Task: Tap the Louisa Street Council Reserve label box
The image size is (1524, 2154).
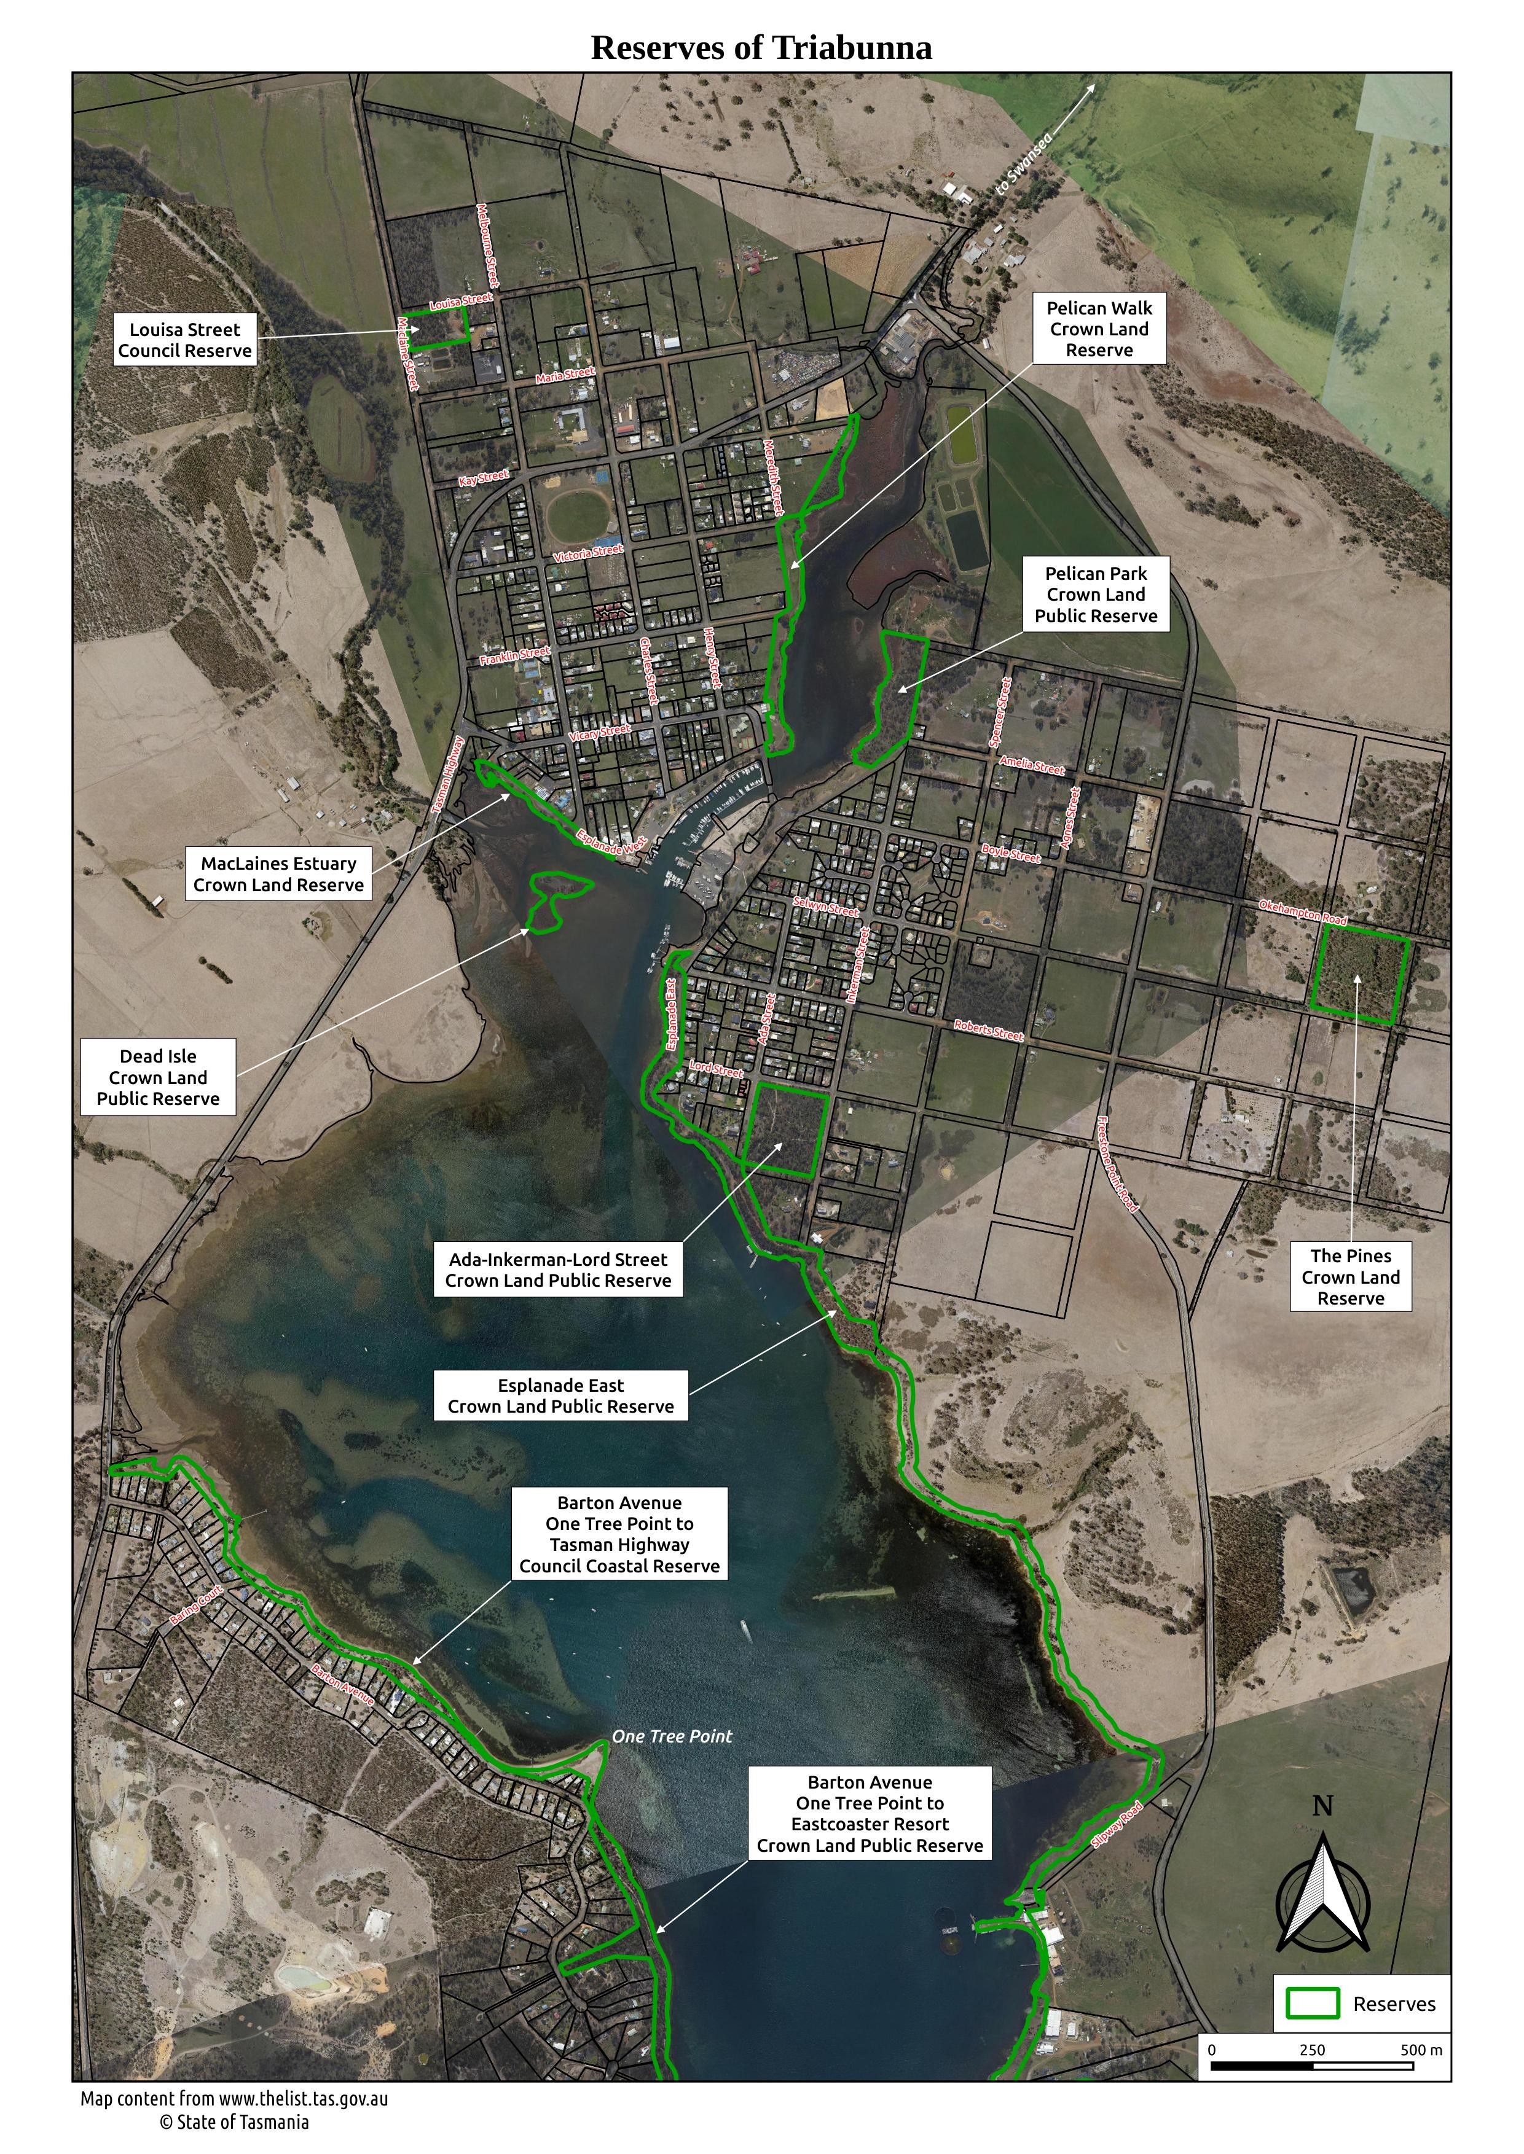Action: click(x=185, y=340)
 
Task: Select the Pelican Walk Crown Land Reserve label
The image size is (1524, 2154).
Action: click(x=1099, y=329)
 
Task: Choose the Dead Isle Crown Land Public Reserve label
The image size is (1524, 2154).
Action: click(x=158, y=1077)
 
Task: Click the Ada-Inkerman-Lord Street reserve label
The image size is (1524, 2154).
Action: click(x=559, y=1270)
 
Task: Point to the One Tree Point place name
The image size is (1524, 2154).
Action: click(x=672, y=1736)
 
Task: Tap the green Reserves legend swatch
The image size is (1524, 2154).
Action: click(x=1312, y=2003)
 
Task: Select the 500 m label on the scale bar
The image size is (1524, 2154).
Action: click(x=1421, y=2050)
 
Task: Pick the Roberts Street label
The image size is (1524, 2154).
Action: click(x=988, y=1030)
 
